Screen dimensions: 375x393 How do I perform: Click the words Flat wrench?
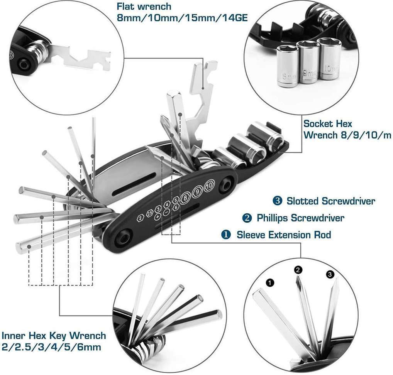144,7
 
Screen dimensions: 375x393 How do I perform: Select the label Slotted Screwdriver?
330,201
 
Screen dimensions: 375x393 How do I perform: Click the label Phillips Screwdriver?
300,218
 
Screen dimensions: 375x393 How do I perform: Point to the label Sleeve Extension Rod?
284,235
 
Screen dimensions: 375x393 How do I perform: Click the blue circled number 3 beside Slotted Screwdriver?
277,201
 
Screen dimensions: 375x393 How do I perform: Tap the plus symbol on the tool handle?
158,218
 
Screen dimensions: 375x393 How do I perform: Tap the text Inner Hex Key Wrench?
54,335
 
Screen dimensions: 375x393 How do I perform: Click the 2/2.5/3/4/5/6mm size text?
51,347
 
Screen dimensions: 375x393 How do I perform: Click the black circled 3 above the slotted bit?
330,274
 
